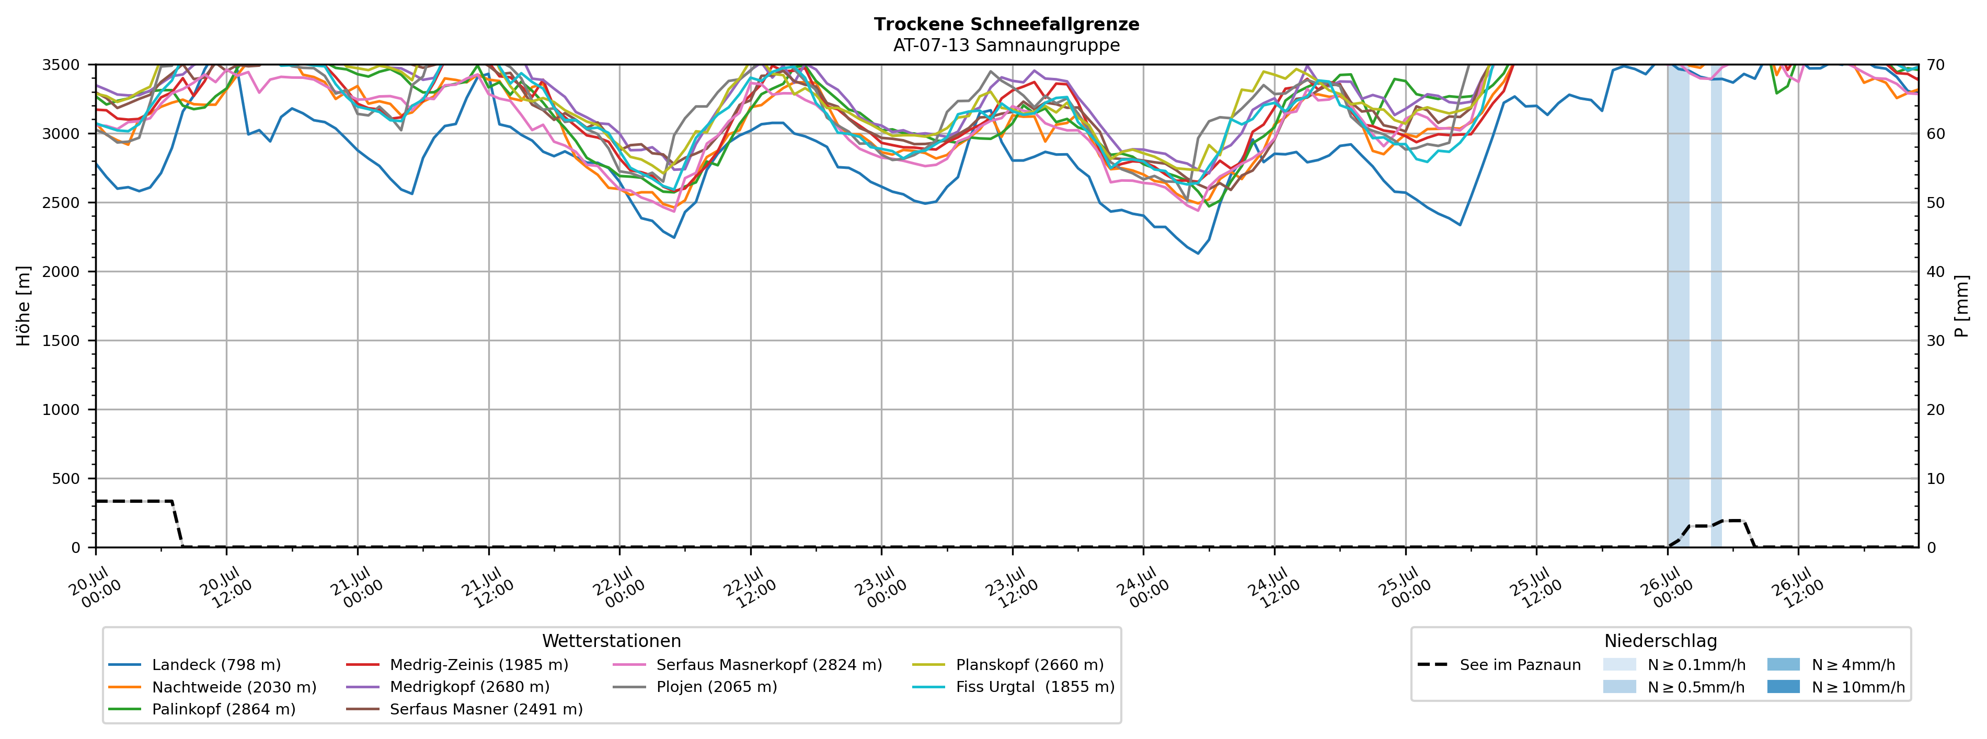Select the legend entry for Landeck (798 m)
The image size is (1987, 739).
pos(194,665)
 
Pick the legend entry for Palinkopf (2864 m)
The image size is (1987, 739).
pos(202,709)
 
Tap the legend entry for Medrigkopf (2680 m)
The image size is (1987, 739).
pos(448,687)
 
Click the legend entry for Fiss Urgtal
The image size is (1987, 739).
pos(1014,687)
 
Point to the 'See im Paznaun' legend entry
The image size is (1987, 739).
pos(1499,665)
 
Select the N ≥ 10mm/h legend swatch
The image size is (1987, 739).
pos(1783,687)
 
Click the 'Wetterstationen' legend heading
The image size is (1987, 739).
pos(612,641)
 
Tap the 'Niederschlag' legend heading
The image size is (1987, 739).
pos(1661,641)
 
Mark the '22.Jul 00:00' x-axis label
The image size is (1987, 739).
pos(615,588)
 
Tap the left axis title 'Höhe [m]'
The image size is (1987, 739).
pos(24,306)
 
